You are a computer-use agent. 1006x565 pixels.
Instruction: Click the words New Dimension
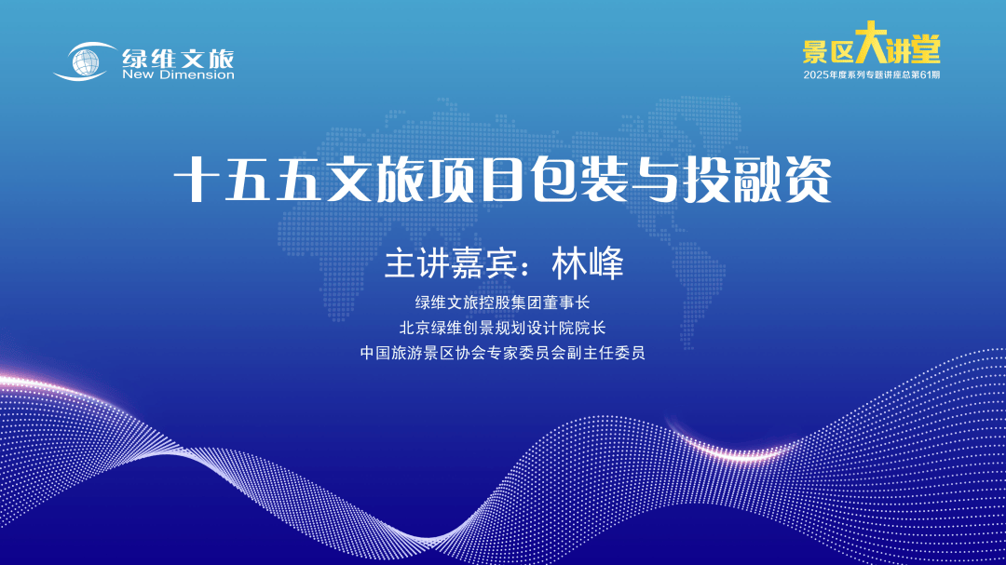178,75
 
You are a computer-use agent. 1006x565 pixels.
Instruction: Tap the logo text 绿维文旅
178,58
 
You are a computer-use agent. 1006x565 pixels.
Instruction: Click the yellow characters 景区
828,50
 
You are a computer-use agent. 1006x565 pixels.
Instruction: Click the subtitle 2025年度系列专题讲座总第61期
871,75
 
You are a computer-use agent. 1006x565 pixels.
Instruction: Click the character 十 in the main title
197,181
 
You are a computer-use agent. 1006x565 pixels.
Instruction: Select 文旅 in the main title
374,181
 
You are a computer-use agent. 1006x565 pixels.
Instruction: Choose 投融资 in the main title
757,181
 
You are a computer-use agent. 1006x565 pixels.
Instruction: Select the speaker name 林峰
588,263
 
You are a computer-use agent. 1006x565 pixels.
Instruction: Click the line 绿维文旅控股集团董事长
502,303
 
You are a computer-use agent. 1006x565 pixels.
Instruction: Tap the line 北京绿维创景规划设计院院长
502,328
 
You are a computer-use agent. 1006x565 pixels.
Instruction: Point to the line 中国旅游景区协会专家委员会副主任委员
502,353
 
